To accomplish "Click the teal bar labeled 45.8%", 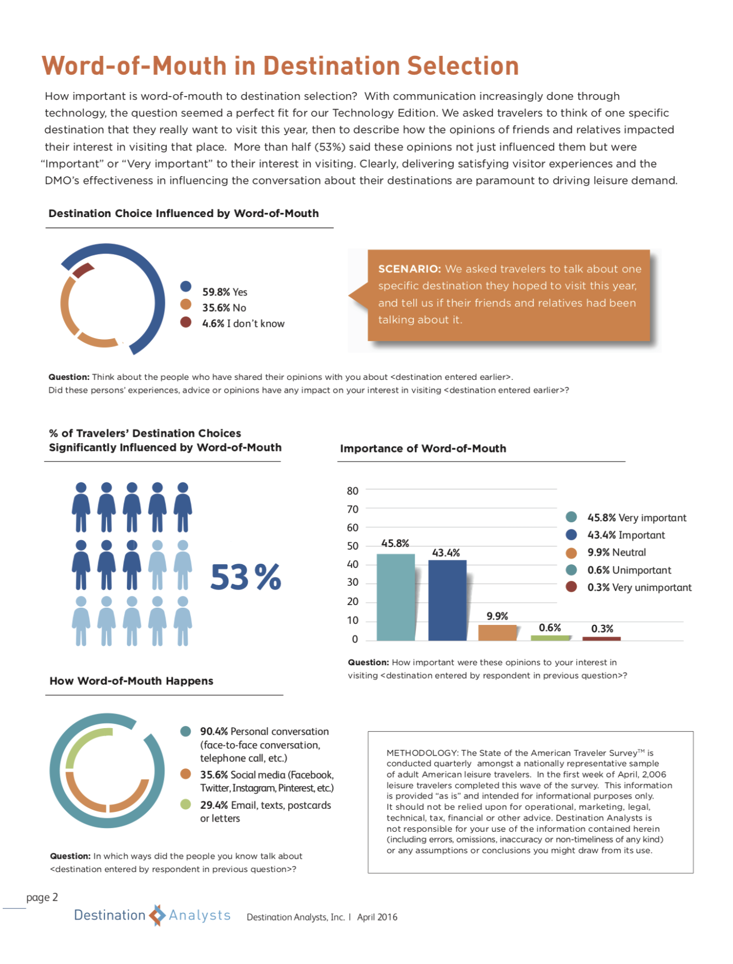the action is pos(396,597).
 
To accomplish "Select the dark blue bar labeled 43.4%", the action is pos(447,600).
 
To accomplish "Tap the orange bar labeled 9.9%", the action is pos(498,632).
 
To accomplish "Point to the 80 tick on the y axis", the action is pos(353,491).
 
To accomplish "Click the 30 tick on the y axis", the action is pos(353,582).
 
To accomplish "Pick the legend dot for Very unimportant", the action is pos(571,587).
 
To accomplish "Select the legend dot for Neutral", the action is pos(571,553).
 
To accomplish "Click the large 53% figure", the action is pos(246,577).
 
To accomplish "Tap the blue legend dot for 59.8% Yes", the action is pos(186,286).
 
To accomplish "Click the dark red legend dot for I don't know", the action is pos(186,322).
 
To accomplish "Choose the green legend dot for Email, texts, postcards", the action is pos(185,804).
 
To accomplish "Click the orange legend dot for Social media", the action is pos(185,774).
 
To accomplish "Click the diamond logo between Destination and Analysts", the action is pos(157,915).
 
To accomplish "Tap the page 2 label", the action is pos(42,897).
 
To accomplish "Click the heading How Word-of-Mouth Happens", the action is pos(132,681).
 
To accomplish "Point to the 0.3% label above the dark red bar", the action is pos(602,629).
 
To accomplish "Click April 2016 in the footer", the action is pos(377,917).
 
